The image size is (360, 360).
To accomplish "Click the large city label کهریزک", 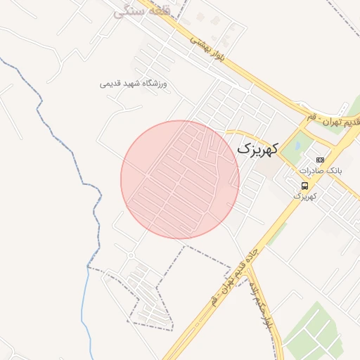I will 257,148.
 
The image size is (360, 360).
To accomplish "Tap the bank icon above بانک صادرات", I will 320,160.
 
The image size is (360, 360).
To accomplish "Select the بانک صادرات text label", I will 320,171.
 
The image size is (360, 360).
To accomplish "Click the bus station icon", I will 304,186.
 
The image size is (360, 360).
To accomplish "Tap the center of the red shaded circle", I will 180,179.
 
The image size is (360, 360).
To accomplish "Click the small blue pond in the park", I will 295,146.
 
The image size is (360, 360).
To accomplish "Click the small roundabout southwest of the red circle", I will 131,255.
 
